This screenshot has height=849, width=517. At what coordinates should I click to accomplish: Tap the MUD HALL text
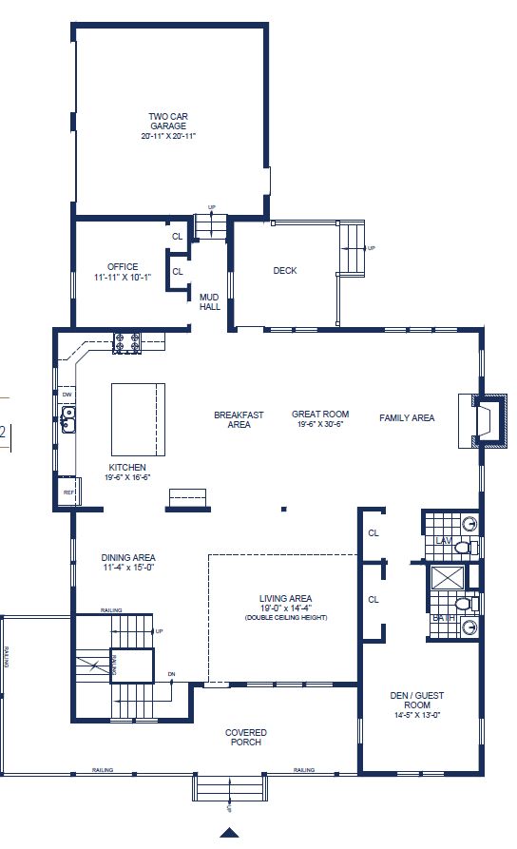click(x=209, y=302)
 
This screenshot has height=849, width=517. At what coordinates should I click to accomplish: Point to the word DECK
click(x=285, y=271)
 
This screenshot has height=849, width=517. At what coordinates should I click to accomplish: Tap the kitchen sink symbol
click(x=67, y=418)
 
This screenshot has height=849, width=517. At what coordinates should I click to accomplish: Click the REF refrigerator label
click(x=67, y=492)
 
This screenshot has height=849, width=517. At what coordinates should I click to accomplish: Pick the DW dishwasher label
click(x=67, y=394)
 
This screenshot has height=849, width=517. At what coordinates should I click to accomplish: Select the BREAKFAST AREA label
click(x=239, y=419)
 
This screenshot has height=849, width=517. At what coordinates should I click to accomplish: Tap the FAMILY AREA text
click(x=407, y=417)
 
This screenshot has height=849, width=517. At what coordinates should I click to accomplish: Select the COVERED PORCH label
click(x=245, y=737)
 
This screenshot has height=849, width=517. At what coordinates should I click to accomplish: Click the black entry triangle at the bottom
click(x=229, y=833)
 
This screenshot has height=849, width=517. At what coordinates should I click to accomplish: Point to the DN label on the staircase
click(x=171, y=674)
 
